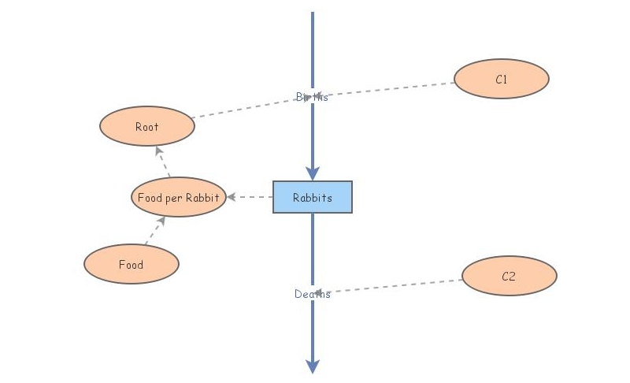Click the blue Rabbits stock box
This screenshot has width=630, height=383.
click(x=313, y=197)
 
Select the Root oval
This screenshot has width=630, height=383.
click(x=147, y=126)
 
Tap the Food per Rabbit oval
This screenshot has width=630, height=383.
click(x=179, y=197)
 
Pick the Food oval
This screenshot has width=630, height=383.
click(x=132, y=264)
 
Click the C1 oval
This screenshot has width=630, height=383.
click(x=502, y=79)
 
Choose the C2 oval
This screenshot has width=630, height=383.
click(x=509, y=276)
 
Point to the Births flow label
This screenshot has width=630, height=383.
click(x=313, y=97)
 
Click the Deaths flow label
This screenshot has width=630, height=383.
click(x=313, y=294)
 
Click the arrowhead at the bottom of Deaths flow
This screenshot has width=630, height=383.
click(x=313, y=366)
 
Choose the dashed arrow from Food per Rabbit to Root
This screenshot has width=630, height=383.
click(x=164, y=162)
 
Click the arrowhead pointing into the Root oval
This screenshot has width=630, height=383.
click(x=158, y=151)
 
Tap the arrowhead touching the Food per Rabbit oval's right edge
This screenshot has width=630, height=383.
click(x=232, y=197)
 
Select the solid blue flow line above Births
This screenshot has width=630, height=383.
click(x=313, y=47)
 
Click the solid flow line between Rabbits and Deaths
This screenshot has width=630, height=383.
click(x=313, y=248)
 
